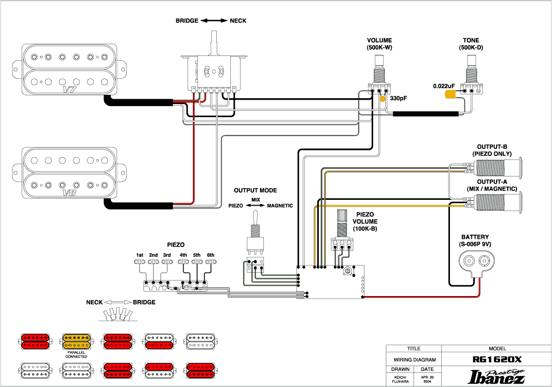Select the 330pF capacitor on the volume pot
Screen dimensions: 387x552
point(383,99)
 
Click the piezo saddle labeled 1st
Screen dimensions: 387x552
point(140,262)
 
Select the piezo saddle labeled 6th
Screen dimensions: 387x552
point(210,262)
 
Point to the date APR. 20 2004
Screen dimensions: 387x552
point(428,379)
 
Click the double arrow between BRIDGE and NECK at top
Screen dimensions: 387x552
point(214,21)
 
